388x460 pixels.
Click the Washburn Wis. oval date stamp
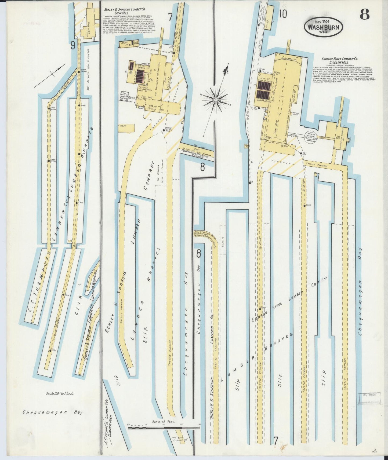[323, 27]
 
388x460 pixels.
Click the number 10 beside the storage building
[282, 14]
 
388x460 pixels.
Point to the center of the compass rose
[216, 100]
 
